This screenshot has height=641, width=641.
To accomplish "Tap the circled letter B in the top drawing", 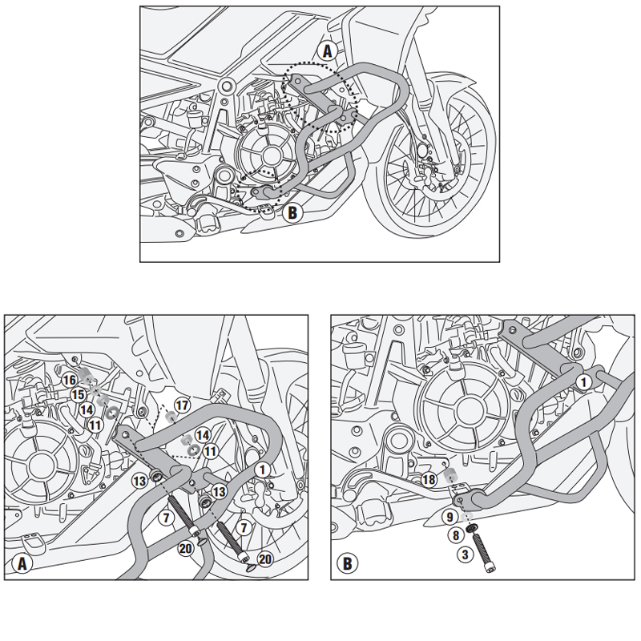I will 292,213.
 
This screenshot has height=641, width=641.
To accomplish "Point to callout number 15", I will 78,395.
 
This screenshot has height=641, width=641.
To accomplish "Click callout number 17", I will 182,405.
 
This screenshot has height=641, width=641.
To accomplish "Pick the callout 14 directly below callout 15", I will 86,409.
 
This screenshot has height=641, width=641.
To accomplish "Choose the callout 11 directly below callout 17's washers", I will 210,452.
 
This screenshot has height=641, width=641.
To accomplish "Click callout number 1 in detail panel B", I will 585,383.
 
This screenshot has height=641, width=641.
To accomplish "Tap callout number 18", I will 429,479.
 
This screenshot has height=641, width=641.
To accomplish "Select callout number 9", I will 450,517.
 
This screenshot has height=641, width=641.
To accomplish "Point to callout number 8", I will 454,534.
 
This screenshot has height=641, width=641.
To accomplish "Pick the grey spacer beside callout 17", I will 169,417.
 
